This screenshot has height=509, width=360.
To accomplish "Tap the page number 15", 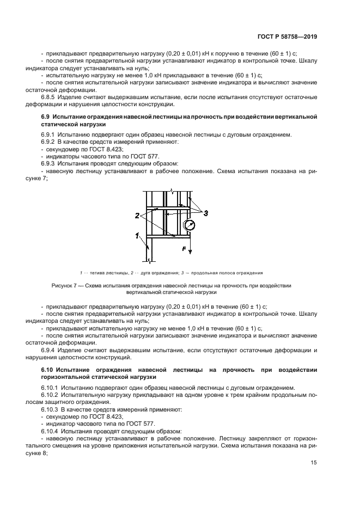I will pyautogui.click(x=314, y=463).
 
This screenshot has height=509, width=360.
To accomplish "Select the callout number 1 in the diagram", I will pyautogui.click(x=138, y=235).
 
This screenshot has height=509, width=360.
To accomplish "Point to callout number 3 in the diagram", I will pyautogui.click(x=206, y=213).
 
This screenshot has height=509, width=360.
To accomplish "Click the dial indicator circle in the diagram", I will pyautogui.click(x=190, y=225).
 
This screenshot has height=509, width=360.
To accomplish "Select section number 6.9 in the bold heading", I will pyautogui.click(x=46, y=118).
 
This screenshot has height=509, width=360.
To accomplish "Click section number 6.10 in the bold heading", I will pyautogui.click(x=47, y=370).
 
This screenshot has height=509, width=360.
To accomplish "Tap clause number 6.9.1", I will pyautogui.click(x=50, y=134).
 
